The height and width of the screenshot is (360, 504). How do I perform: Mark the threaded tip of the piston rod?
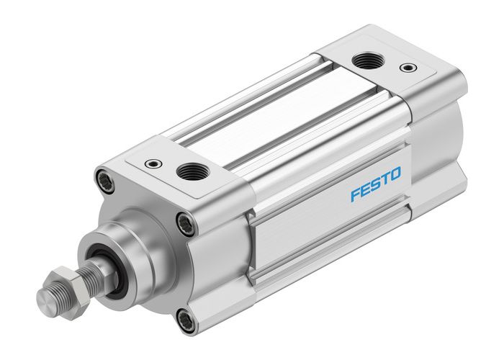coord(45,295)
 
